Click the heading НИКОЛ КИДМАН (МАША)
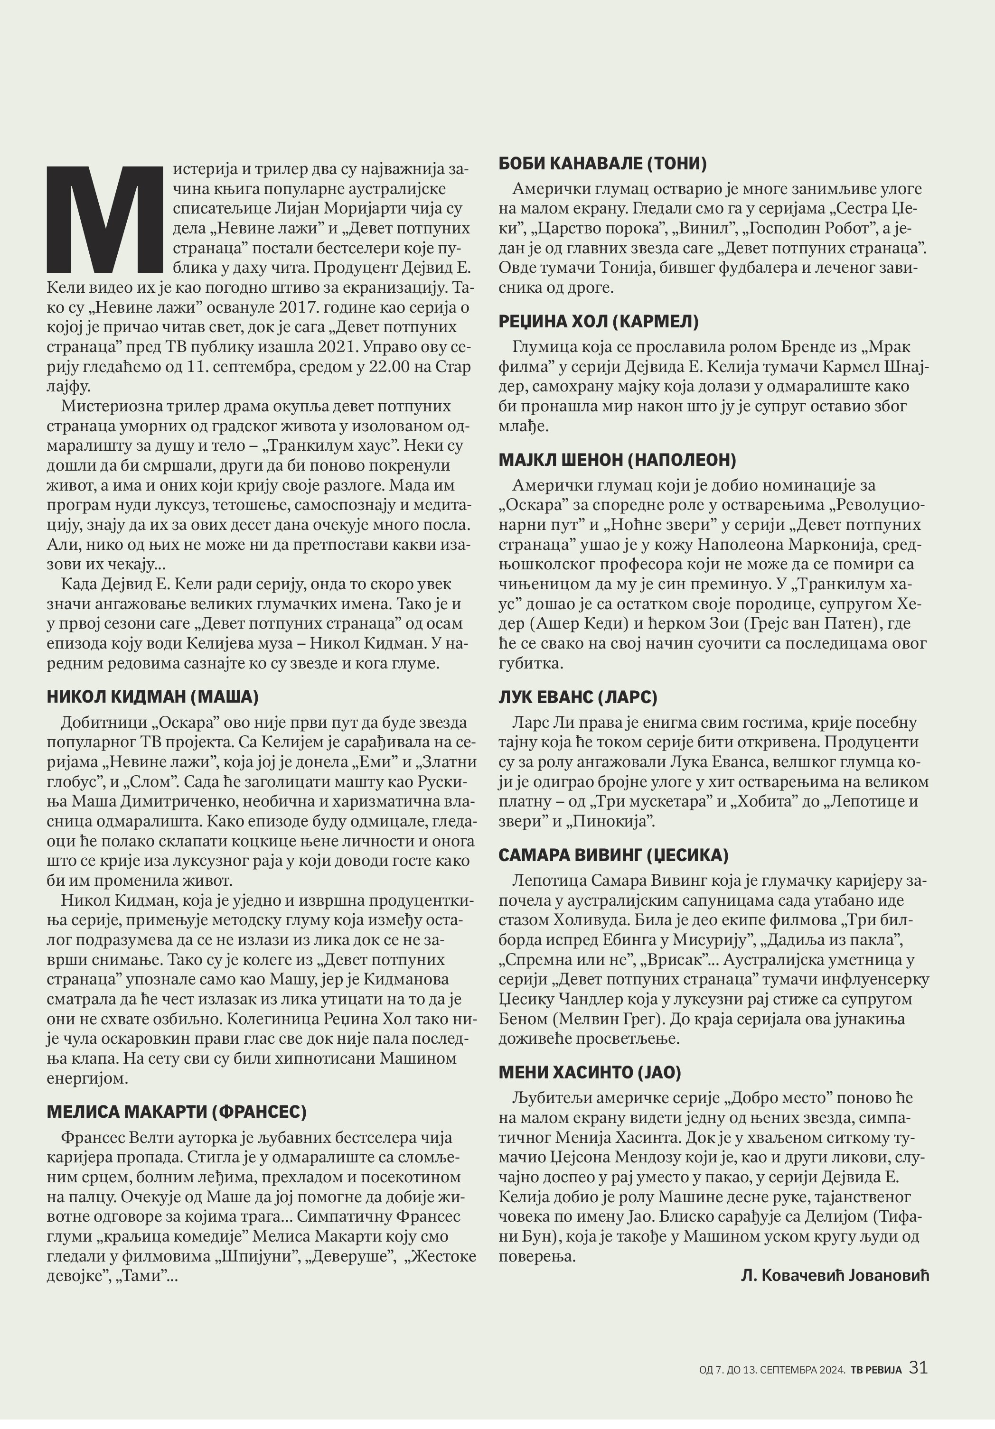(152, 696)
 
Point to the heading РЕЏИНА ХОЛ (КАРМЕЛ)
(598, 321)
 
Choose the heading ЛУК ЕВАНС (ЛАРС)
(578, 697)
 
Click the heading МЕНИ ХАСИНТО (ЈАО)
(590, 1072)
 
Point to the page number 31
(919, 1367)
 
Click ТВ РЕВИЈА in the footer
(877, 1369)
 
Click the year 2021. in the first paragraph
(339, 347)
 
